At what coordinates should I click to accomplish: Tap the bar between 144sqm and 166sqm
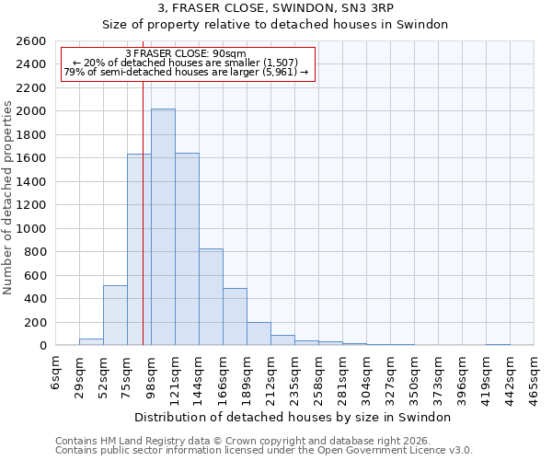(211, 297)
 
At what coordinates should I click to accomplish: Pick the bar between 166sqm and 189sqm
(235, 316)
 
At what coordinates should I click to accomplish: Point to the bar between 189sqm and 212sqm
(259, 334)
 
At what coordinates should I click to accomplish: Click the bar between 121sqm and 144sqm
(187, 249)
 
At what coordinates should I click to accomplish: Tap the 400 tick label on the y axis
(36, 299)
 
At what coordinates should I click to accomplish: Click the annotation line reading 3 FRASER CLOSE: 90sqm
(186, 53)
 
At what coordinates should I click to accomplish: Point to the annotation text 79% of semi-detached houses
(186, 73)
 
